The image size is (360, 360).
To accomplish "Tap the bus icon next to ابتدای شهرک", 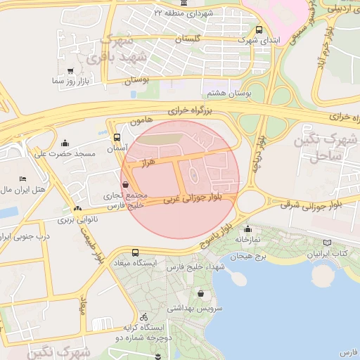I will click(x=259, y=30).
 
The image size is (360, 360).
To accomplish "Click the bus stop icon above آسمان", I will click(x=117, y=138).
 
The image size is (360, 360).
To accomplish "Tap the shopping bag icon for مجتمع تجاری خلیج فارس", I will click(x=125, y=185).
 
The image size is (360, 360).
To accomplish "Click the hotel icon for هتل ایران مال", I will click(x=22, y=179).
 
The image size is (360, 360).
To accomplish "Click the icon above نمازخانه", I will click(x=247, y=229).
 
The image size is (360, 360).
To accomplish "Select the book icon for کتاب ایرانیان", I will click(x=326, y=243).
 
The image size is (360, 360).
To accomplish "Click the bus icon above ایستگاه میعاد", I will click(x=135, y=252).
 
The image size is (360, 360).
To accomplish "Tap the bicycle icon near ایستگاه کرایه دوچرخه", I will click(x=143, y=316).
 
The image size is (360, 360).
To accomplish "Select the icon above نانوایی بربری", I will click(x=77, y=208).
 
